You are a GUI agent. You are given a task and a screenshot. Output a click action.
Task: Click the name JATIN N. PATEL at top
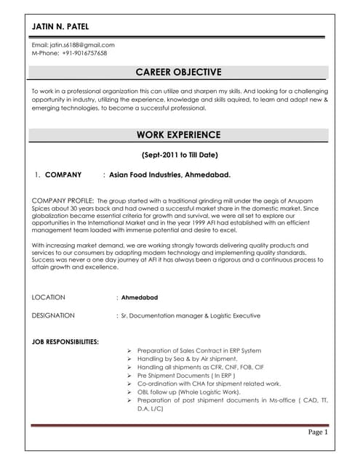(x=60, y=27)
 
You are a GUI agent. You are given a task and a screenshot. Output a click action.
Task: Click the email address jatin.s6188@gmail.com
(x=73, y=45)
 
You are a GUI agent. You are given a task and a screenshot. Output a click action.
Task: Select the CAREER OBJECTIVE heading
(x=178, y=72)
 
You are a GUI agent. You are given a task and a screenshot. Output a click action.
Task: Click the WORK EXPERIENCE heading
(x=178, y=134)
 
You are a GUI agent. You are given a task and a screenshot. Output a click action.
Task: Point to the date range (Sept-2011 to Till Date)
(x=179, y=155)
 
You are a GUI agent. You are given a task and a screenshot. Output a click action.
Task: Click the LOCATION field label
(x=49, y=297)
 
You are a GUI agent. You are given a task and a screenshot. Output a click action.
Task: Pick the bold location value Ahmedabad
(x=140, y=297)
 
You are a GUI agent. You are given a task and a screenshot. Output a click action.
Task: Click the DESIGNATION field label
(x=53, y=316)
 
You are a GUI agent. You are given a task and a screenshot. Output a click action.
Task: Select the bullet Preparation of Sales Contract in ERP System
(x=199, y=349)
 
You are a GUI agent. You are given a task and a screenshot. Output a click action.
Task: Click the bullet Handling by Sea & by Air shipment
(x=187, y=358)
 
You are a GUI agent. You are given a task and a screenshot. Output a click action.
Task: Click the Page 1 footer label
(x=318, y=432)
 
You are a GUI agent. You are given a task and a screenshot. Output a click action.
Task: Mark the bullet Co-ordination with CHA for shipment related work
(x=208, y=384)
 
